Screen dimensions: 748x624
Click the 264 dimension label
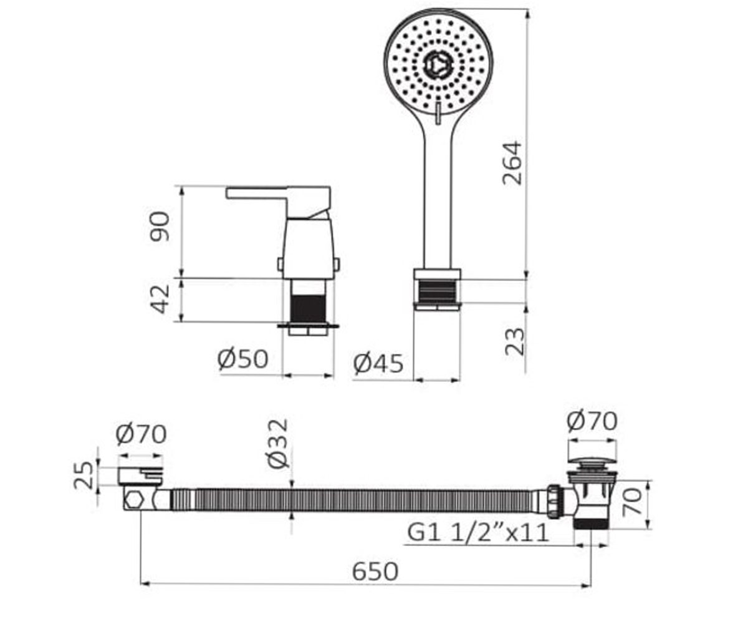click(512, 163)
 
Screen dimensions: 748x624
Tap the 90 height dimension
click(160, 227)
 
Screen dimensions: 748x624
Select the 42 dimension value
click(160, 299)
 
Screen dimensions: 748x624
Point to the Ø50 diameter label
click(242, 359)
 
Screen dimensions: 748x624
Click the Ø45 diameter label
click(378, 364)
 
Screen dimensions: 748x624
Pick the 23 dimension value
click(514, 341)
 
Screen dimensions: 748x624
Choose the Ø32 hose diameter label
click(277, 444)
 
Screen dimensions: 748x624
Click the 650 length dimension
click(375, 572)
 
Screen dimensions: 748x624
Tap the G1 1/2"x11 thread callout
click(478, 532)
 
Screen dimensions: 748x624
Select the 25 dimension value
click(83, 476)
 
